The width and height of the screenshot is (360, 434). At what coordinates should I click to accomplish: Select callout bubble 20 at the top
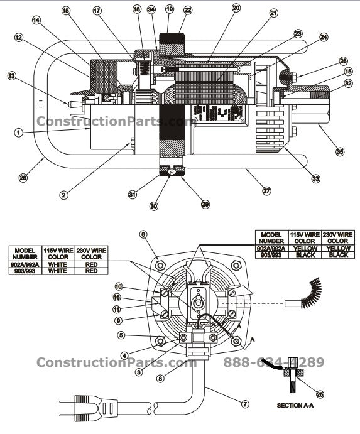point(236,8)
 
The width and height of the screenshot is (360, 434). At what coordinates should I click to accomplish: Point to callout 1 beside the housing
point(19,133)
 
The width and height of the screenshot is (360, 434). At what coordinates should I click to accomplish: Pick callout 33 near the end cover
point(315,178)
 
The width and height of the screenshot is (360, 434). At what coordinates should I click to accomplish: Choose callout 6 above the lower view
point(144,234)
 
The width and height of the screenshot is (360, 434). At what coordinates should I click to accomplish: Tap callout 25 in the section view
point(320,394)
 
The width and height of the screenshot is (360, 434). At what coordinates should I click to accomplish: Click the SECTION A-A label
point(298,406)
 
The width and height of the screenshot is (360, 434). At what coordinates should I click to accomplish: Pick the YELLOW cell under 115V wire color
point(305,247)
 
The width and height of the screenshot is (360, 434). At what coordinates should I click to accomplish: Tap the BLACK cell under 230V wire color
point(338,255)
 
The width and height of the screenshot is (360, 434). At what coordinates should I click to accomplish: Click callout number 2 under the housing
point(63,195)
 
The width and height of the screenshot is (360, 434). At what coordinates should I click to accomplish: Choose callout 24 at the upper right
point(324,37)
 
